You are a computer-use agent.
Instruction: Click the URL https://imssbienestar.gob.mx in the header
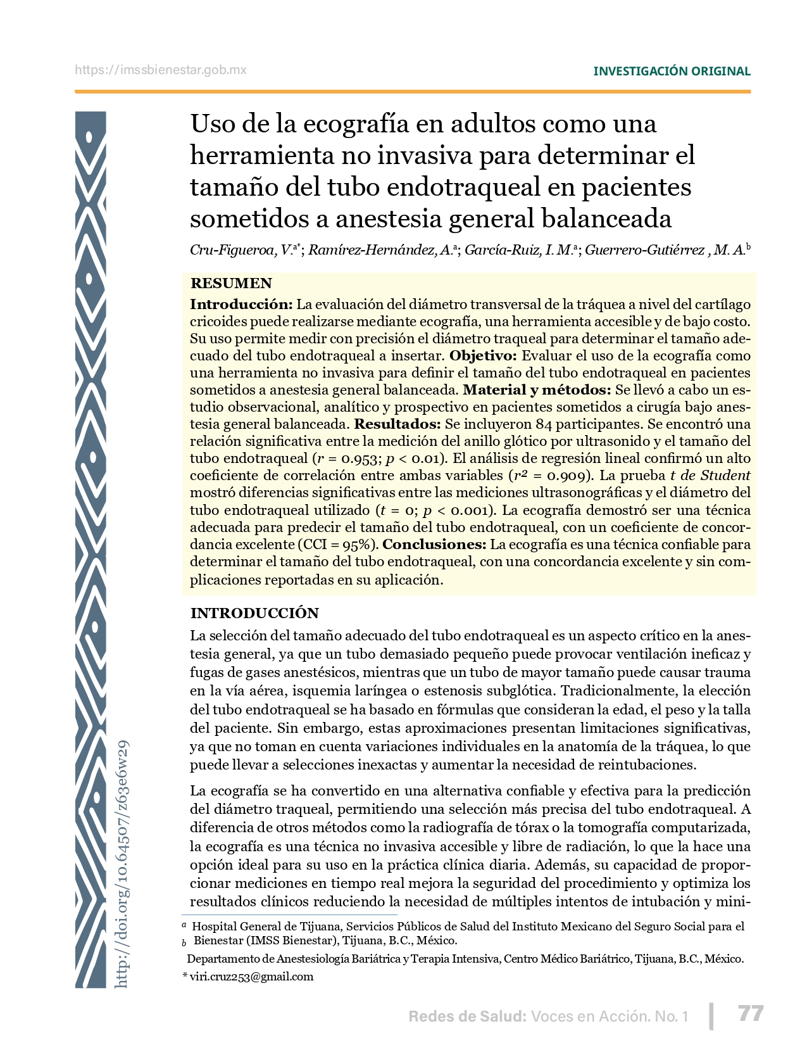[x=161, y=70]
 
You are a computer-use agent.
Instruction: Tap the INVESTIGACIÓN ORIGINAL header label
[x=672, y=72]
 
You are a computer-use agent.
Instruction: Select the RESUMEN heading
[x=231, y=283]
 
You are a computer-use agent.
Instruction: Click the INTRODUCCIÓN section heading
[x=254, y=613]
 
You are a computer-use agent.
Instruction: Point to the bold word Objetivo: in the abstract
[x=483, y=356]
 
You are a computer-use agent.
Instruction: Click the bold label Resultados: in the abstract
[x=397, y=424]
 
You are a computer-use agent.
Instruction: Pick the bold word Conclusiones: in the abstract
[x=434, y=545]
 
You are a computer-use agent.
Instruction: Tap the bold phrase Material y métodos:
[x=537, y=390]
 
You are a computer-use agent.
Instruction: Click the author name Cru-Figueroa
[x=232, y=250]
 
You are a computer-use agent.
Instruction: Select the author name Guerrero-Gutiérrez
[x=644, y=250]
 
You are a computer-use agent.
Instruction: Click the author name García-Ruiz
[x=503, y=250]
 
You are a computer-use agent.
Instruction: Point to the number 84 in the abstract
[x=544, y=424]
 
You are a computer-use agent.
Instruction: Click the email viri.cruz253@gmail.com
[x=251, y=977]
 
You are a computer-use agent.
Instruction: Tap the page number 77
[x=751, y=1014]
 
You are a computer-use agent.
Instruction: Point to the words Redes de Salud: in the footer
[x=467, y=1016]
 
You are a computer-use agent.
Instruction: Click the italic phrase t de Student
[x=710, y=476]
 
